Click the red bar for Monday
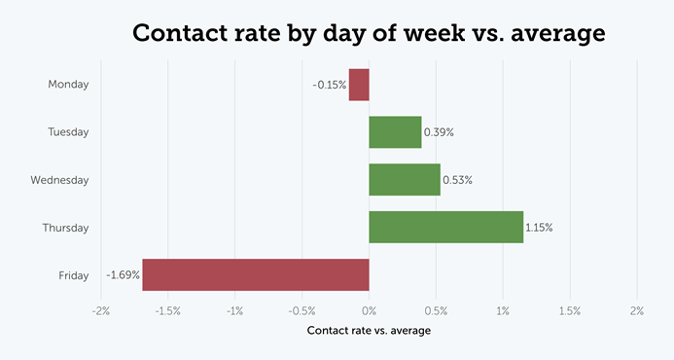(x=359, y=85)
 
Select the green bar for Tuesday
(x=395, y=132)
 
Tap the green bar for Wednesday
(x=405, y=180)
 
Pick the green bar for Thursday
(x=445, y=228)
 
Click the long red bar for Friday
(x=256, y=275)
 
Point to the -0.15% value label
(x=329, y=85)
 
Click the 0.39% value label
(x=440, y=132)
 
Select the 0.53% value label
(x=457, y=180)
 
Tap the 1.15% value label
(x=539, y=228)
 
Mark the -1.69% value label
(x=122, y=275)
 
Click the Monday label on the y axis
(x=68, y=85)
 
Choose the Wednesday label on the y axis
(x=59, y=180)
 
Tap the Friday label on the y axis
(x=73, y=275)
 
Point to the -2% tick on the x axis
(x=100, y=311)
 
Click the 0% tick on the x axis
(x=369, y=311)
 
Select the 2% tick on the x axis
(x=637, y=311)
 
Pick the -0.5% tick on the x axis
(x=302, y=311)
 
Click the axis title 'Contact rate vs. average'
(x=369, y=331)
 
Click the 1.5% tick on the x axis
(x=570, y=311)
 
